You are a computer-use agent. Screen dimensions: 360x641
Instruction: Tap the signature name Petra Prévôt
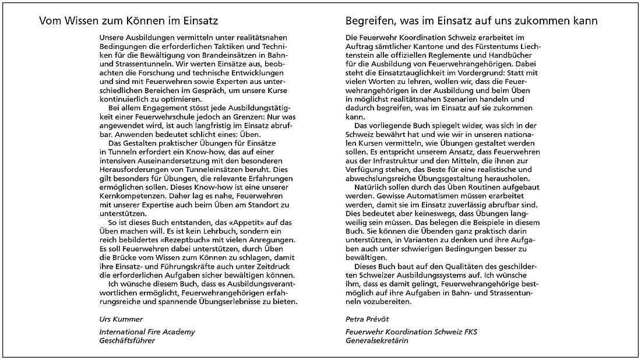364,319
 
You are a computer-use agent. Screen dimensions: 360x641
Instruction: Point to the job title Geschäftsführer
127,340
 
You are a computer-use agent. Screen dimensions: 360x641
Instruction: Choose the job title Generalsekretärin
376,340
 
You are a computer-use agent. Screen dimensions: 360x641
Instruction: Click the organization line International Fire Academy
147,332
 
